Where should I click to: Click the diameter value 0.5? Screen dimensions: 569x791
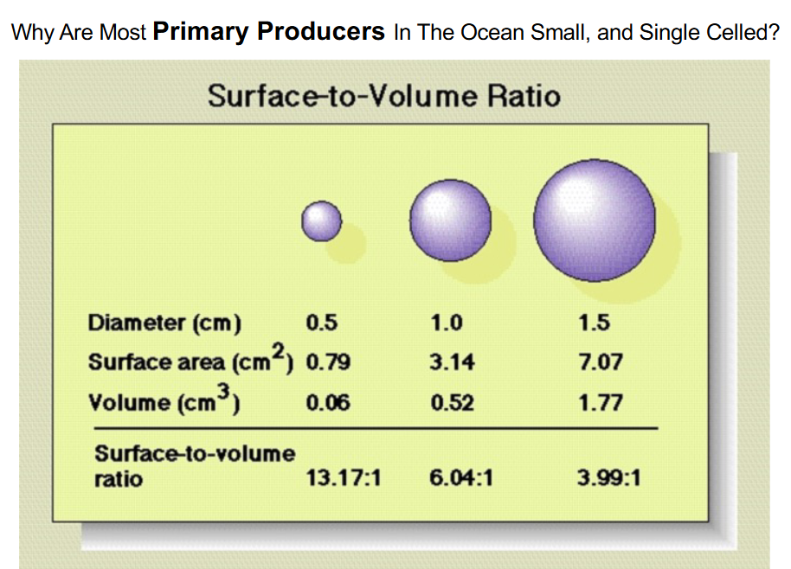pyautogui.click(x=322, y=323)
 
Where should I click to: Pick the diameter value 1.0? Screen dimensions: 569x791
pyautogui.click(x=447, y=323)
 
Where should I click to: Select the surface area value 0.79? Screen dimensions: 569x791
pyautogui.click(x=328, y=362)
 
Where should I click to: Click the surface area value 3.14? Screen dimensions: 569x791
pyautogui.click(x=452, y=362)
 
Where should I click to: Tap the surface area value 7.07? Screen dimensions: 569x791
pyautogui.click(x=600, y=362)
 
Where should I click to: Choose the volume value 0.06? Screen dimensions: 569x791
pyautogui.click(x=328, y=402)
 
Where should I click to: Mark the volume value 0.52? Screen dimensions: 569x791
pyautogui.click(x=452, y=402)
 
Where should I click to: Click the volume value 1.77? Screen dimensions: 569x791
pyautogui.click(x=600, y=402)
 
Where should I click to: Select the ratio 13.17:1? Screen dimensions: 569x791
pyautogui.click(x=344, y=477)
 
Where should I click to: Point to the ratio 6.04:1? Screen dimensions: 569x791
pyautogui.click(x=460, y=477)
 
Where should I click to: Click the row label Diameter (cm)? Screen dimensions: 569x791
pyautogui.click(x=164, y=323)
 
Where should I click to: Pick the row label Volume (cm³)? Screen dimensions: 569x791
pyautogui.click(x=164, y=402)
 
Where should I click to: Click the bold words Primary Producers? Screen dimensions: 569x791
pyautogui.click(x=269, y=32)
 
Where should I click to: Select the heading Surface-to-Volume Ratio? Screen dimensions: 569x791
pyautogui.click(x=383, y=95)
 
